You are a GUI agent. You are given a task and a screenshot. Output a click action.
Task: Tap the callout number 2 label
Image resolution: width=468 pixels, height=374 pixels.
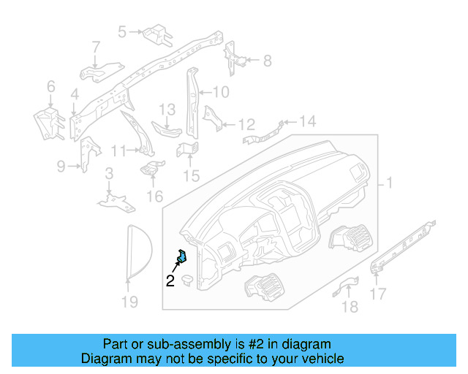pos(170,280)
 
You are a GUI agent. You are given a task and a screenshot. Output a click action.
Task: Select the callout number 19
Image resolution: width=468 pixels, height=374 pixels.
pos(129,301)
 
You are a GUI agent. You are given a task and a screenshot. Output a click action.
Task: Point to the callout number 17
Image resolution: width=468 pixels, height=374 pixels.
pos(378,295)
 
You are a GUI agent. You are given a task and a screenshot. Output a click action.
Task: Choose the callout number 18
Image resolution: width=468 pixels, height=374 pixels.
pos(351,307)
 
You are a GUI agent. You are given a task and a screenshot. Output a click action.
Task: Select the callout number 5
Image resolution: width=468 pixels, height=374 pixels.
pos(122,31)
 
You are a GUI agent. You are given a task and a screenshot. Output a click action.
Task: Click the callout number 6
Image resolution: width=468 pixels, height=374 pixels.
pos(50,87)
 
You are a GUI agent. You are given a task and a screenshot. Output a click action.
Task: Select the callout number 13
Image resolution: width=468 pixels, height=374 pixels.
pos(167,109)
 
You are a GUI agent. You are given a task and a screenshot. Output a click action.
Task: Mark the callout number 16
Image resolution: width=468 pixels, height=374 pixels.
pos(154,196)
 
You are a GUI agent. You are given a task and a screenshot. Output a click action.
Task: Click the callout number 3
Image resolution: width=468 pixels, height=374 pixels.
pos(108,173)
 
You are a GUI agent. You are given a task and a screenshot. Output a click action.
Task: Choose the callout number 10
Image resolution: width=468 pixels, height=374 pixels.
pos(220,92)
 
